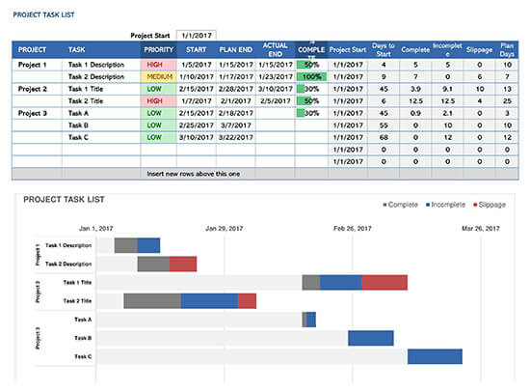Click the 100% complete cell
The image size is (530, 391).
[x=310, y=76]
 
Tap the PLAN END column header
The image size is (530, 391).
[x=236, y=49]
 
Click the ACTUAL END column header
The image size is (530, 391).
[x=276, y=49]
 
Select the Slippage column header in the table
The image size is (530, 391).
[x=479, y=49]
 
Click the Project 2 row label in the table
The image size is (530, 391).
[x=33, y=89]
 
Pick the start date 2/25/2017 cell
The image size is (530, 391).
[x=197, y=125]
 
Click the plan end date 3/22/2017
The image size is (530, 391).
[x=236, y=137]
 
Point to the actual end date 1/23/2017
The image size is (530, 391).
[x=276, y=76]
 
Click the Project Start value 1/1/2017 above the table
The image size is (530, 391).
[x=197, y=35]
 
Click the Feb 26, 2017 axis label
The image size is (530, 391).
[x=352, y=229]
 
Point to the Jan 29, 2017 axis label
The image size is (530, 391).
[x=225, y=229]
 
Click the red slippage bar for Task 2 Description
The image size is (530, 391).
[x=183, y=264]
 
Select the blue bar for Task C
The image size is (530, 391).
[x=435, y=356]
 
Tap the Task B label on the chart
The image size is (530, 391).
[x=82, y=338]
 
